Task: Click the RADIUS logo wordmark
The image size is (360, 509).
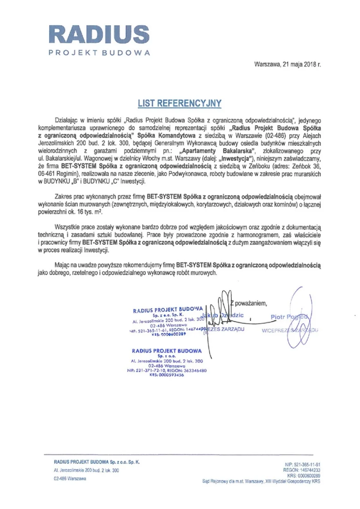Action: point(99,35)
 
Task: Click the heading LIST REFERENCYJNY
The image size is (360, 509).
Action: point(180,103)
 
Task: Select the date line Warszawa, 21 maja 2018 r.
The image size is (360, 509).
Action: point(287,65)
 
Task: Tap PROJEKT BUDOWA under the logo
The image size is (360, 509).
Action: point(99,53)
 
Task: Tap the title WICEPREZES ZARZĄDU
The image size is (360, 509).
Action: point(290,330)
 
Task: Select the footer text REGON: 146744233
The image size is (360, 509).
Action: point(301,470)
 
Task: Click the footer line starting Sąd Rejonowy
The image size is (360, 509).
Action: point(261,481)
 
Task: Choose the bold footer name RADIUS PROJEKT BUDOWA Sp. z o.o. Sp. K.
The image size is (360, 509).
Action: point(96,462)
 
